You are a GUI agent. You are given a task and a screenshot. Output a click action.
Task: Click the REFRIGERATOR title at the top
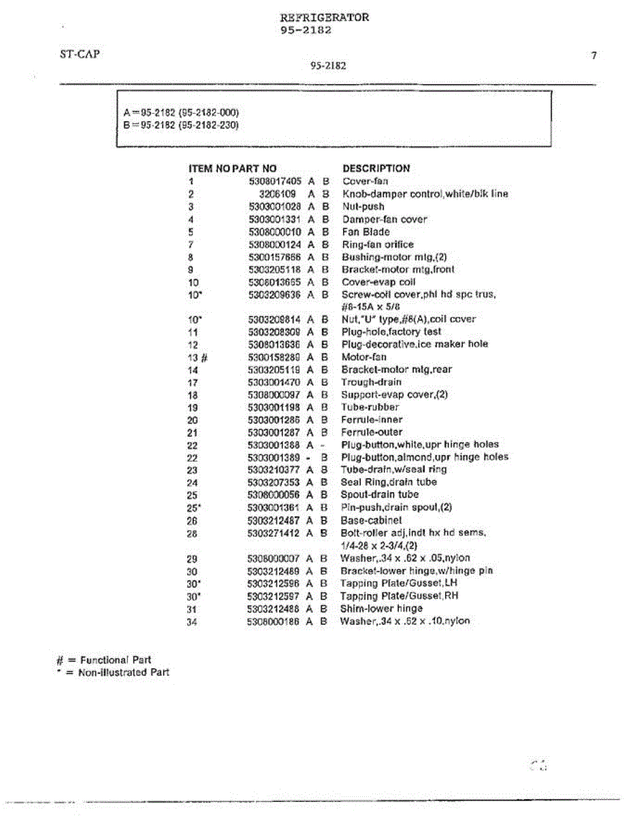pos(324,18)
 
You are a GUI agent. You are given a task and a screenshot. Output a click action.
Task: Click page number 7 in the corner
pos(594,56)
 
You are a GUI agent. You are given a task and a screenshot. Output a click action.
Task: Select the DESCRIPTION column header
pos(376,169)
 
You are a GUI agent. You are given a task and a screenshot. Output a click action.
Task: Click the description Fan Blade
pos(366,232)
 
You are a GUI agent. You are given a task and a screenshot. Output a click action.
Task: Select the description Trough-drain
pos(371,382)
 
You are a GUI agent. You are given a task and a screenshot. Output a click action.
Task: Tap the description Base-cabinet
pos(372,520)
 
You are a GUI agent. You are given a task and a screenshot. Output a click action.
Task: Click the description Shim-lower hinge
pos(381,609)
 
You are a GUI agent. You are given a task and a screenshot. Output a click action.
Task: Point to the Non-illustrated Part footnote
pos(112,673)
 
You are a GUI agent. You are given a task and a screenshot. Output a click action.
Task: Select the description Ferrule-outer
pos(372,432)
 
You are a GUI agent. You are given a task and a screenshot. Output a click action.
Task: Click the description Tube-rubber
pos(370,407)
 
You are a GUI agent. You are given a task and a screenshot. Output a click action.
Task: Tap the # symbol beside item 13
pos(204,358)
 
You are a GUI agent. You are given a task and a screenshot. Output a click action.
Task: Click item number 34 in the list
pos(192,622)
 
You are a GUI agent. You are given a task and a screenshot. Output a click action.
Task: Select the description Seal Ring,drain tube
pos(389,483)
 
